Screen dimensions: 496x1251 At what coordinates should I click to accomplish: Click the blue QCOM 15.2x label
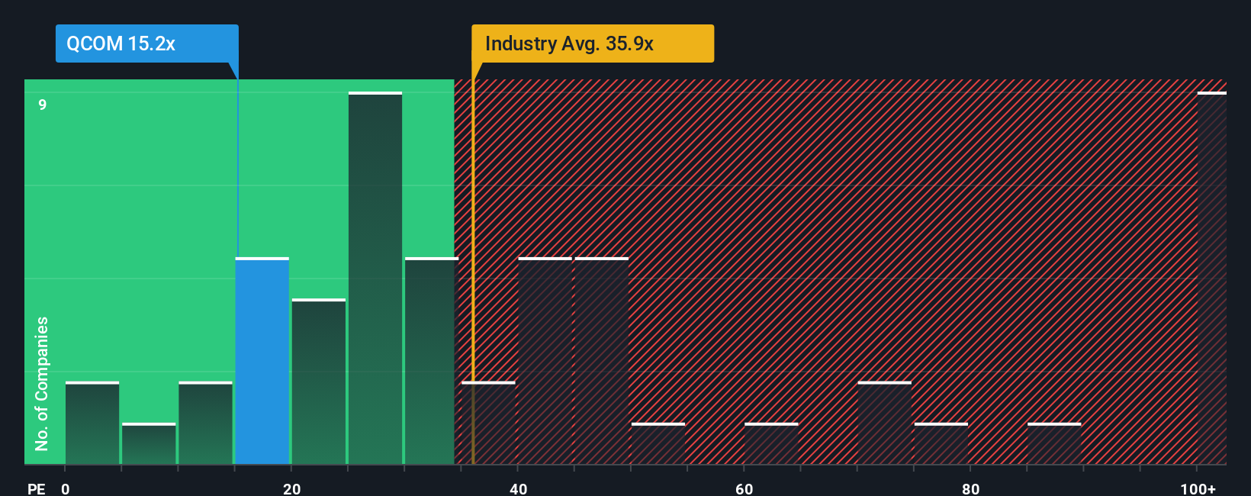(x=146, y=43)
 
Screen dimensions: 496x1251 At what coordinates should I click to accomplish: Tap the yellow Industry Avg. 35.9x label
(x=592, y=43)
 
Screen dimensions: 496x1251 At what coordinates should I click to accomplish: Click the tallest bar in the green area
(x=375, y=279)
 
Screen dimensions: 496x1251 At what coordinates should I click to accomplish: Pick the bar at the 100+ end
(x=1211, y=279)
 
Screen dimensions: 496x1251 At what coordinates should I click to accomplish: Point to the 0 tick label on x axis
(x=66, y=488)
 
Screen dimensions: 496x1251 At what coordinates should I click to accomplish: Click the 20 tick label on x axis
(x=291, y=488)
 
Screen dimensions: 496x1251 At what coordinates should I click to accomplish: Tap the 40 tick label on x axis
(x=518, y=488)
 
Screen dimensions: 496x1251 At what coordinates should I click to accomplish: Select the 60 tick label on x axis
(x=744, y=488)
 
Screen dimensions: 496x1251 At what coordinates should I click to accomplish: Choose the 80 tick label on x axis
(x=970, y=488)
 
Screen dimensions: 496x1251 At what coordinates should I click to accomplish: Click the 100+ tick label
(x=1198, y=488)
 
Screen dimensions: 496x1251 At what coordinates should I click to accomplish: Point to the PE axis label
(x=36, y=488)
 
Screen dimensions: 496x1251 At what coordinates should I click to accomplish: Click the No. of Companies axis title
(x=42, y=383)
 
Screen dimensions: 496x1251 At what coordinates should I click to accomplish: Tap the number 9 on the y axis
(x=43, y=105)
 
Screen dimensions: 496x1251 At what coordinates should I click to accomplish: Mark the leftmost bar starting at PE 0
(x=92, y=423)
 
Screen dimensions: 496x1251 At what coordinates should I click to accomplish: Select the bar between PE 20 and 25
(x=319, y=382)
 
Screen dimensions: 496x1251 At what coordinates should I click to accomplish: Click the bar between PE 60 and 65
(x=771, y=443)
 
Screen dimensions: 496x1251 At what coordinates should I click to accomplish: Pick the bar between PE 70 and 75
(x=885, y=423)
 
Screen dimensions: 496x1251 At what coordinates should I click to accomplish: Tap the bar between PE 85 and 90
(x=1054, y=443)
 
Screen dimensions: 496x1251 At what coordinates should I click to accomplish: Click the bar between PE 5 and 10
(x=149, y=443)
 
